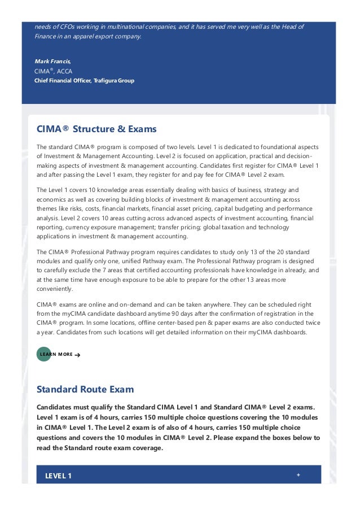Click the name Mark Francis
52,62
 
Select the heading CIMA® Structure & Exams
96,129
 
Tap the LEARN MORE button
56,354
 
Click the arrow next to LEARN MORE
77,355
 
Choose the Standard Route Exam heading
85,390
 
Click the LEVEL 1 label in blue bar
58,476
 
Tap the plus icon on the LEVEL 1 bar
298,475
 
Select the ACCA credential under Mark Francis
64,71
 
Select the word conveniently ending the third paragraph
55,289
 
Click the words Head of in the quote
292,27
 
